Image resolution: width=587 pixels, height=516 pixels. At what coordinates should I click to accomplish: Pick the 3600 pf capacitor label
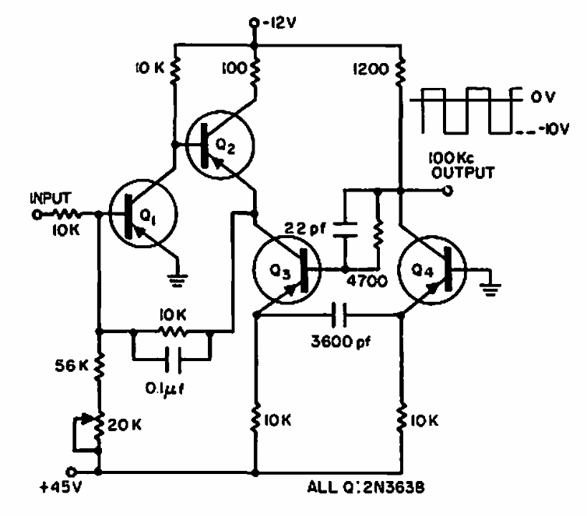tap(342, 340)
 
